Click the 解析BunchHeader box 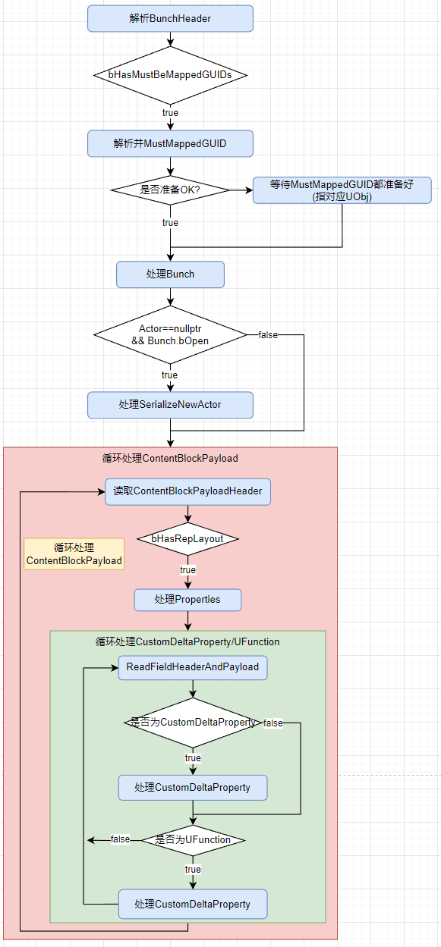[170, 18]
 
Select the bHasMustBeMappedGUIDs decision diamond [170, 75]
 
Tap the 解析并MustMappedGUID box [170, 143]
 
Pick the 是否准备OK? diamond [170, 190]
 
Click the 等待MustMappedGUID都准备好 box [342, 190]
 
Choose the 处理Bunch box [170, 274]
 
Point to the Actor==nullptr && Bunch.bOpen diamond [170, 334]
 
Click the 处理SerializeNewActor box [170, 405]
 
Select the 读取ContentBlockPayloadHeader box [187, 491]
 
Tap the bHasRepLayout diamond [187, 538]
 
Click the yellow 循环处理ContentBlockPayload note [74, 554]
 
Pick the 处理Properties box [187, 600]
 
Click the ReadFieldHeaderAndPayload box [193, 667]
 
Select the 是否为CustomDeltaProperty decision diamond [193, 723]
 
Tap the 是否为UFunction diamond [193, 840]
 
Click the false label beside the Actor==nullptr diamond [267, 334]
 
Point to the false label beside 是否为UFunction [120, 839]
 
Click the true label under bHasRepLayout [187, 569]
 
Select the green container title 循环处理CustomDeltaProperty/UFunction [187, 641]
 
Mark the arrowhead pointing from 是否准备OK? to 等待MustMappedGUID [249, 190]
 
